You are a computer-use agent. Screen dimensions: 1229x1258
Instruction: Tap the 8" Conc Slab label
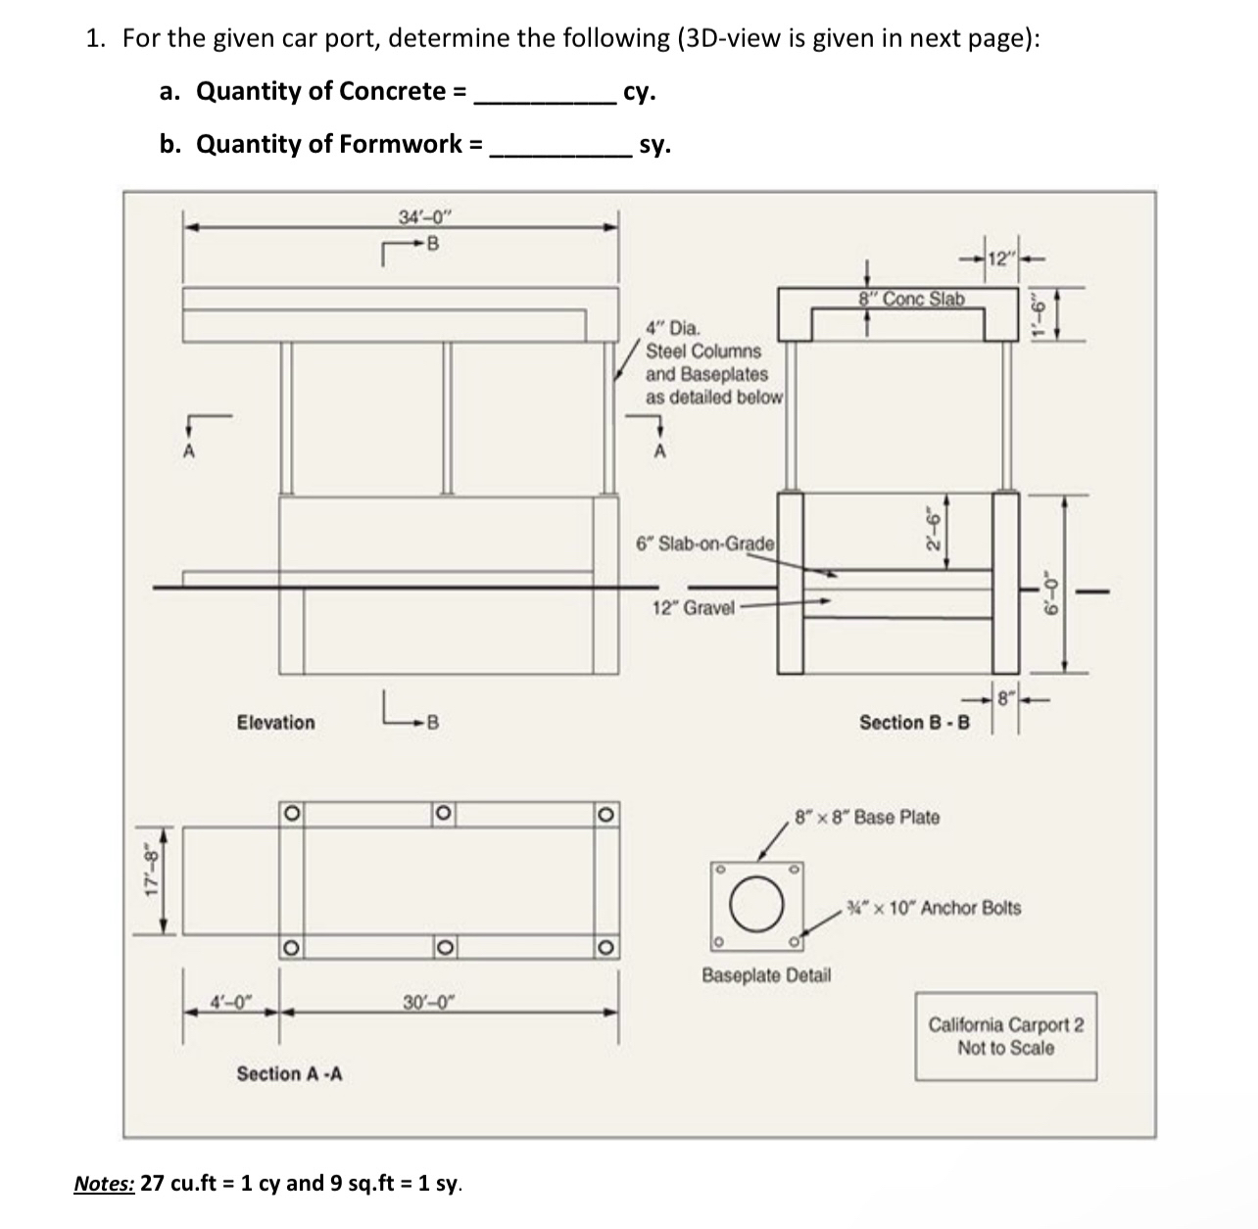(910, 299)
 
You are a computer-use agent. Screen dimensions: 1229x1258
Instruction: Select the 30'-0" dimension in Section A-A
(429, 1001)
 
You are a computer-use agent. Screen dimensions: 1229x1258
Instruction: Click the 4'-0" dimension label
(232, 1001)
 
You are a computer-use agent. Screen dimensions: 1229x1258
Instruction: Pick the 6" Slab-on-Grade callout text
(705, 543)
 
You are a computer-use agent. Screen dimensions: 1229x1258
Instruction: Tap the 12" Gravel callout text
(693, 607)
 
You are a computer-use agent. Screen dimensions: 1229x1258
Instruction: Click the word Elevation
(276, 723)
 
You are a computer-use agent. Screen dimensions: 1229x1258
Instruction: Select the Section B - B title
(914, 723)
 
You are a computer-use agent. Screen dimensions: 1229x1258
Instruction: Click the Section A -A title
(289, 1073)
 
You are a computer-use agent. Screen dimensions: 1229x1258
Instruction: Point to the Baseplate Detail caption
(766, 974)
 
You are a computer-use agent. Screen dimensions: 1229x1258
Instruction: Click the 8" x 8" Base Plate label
(867, 817)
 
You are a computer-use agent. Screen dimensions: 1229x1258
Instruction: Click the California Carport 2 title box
(1006, 1036)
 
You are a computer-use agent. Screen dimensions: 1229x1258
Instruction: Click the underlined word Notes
(104, 1183)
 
